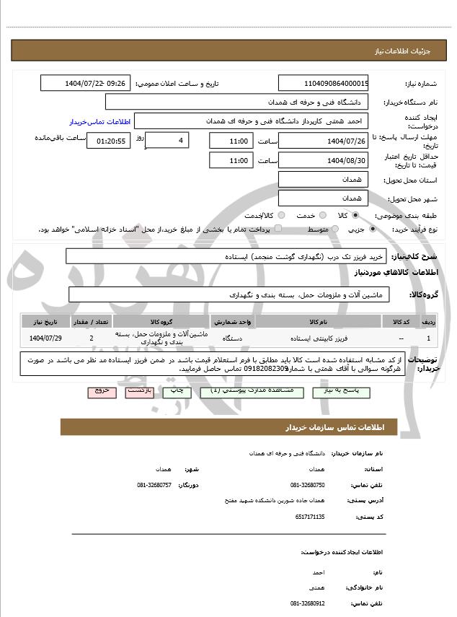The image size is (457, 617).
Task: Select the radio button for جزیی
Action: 372,229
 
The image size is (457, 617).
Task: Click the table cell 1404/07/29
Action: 47,338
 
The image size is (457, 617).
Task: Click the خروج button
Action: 100,390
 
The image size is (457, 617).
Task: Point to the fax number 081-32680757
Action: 154,485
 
